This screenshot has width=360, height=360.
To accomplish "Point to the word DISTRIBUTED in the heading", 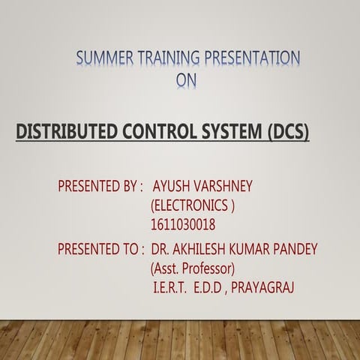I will [x=64, y=134].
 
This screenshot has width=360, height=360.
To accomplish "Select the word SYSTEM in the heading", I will [x=233, y=134].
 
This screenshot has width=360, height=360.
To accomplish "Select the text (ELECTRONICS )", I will [x=193, y=204].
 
